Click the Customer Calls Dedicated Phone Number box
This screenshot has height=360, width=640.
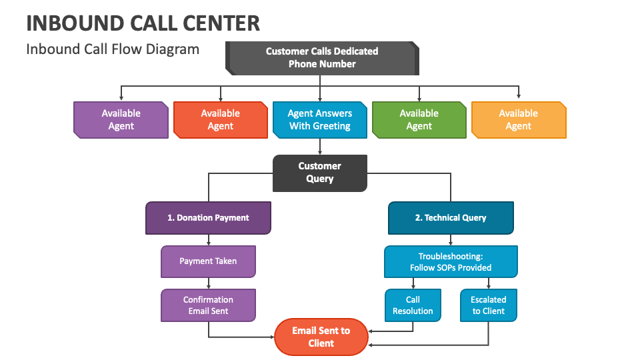[x=322, y=58]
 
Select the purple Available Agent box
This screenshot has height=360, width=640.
[x=121, y=120]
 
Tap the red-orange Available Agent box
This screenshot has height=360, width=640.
[x=220, y=120]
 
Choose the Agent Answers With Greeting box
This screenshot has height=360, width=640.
[x=319, y=120]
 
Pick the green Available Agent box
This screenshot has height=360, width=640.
[x=419, y=120]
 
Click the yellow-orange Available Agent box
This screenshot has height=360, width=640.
[x=518, y=120]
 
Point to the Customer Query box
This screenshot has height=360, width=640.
[x=319, y=173]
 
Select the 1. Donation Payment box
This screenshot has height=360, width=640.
[x=208, y=218]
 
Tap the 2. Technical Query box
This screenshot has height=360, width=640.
[x=451, y=218]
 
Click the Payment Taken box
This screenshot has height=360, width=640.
[x=208, y=261]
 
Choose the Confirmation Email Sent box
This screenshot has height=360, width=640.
[x=208, y=305]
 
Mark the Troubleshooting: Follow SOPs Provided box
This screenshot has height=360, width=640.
[x=451, y=261]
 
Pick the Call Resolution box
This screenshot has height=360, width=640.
[x=413, y=305]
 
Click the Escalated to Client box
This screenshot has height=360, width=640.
[x=489, y=305]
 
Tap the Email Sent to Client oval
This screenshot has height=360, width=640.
[x=321, y=337]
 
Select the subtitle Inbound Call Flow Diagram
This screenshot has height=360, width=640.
[x=113, y=49]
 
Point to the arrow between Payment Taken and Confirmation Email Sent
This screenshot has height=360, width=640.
[x=208, y=283]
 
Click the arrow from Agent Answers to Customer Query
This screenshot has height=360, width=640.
[x=320, y=147]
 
